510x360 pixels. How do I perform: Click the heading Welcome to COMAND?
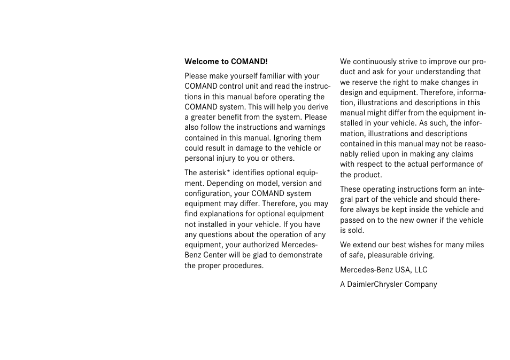(x=226, y=62)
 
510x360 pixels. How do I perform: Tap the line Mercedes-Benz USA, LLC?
(x=383, y=270)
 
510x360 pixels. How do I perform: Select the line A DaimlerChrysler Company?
(x=388, y=284)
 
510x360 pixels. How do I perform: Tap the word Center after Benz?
(x=215, y=255)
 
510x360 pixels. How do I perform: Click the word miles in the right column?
(x=474, y=245)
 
